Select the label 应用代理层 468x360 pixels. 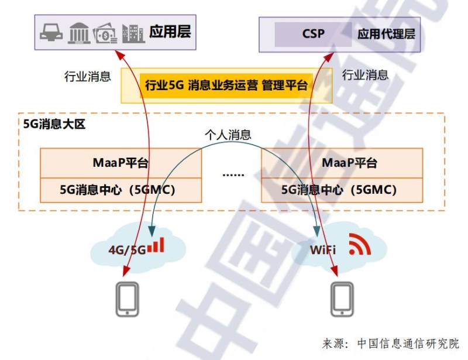(x=386, y=33)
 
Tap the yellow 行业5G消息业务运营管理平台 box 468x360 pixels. (x=226, y=85)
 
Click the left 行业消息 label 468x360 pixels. (x=87, y=77)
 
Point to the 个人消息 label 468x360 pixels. (x=228, y=135)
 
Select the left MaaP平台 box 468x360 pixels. (x=121, y=162)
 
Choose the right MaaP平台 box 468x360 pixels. (x=342, y=162)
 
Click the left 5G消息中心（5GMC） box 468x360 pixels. (x=121, y=190)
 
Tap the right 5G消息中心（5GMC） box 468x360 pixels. (x=342, y=190)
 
